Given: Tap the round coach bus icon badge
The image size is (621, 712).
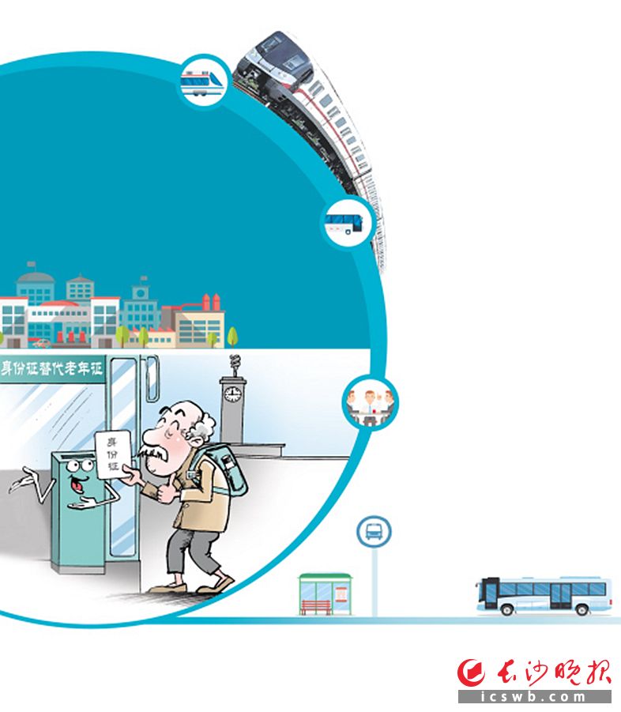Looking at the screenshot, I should point(346,221).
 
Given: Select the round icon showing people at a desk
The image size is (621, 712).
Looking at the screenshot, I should point(369,402).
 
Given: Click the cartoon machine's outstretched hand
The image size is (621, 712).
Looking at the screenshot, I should point(21,480).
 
